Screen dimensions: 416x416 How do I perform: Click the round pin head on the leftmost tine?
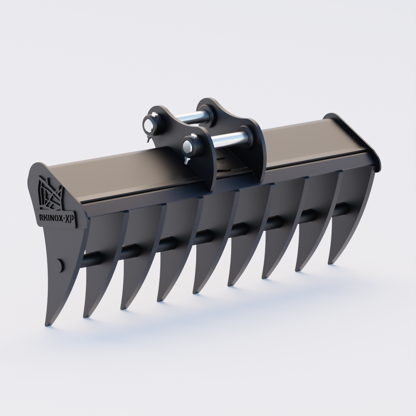(60, 265)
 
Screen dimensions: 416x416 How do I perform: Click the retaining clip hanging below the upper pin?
(148, 139)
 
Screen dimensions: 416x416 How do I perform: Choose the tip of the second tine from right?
(297, 269)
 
